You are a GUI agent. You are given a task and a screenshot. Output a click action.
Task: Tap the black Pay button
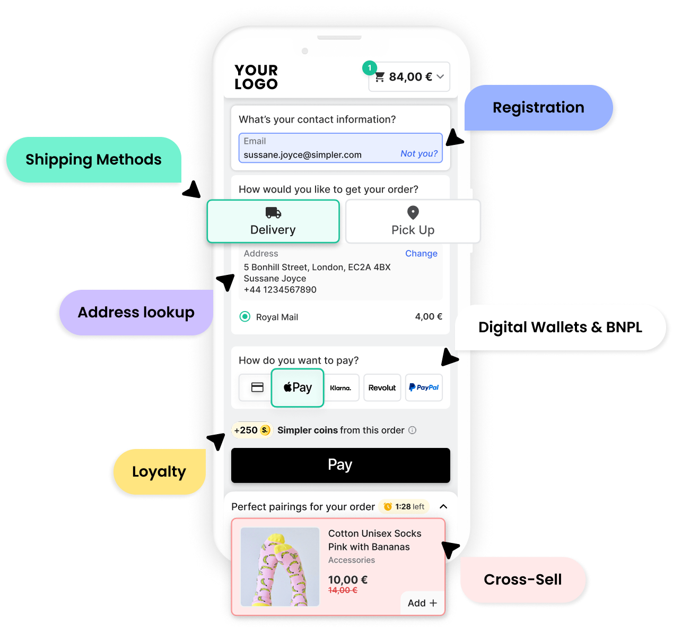[340, 465]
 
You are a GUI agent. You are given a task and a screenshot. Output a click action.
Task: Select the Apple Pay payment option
[298, 388]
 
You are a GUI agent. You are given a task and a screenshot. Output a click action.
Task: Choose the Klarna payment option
[340, 388]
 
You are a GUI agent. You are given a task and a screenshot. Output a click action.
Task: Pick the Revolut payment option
[382, 388]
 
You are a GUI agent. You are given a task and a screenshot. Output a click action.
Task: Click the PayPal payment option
[424, 388]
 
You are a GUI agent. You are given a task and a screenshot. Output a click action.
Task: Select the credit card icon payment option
[257, 387]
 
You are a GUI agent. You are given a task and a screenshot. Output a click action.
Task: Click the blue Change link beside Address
[421, 254]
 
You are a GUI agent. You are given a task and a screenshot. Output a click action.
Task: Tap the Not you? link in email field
[419, 153]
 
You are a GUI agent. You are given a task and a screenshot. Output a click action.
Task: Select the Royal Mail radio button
[245, 317]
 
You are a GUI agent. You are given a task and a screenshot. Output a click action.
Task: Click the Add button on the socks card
[422, 603]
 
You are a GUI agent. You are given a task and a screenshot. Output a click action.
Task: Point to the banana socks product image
[280, 567]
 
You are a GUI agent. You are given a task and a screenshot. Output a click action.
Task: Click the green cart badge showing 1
[370, 68]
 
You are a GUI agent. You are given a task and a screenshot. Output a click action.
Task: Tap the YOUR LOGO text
[256, 77]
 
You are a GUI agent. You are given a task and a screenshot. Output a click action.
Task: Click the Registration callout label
[538, 108]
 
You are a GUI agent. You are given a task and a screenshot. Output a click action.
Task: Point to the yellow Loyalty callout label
[159, 472]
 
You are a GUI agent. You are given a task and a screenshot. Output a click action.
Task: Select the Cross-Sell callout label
[522, 580]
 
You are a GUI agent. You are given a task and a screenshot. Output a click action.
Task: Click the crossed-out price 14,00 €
[343, 590]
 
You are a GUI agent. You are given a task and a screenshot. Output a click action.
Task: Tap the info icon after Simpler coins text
[413, 430]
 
